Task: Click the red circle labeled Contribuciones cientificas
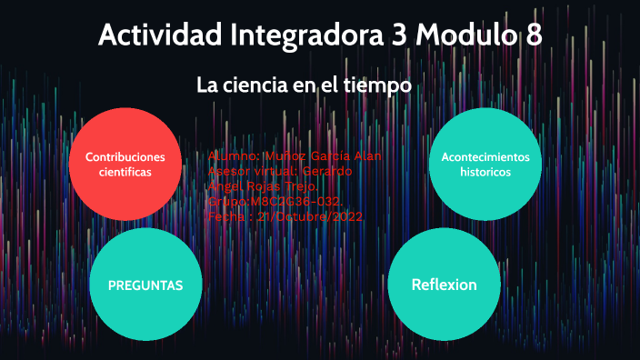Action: (x=125, y=164)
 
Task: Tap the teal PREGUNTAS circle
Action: (x=145, y=285)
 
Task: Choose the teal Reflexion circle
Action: (x=444, y=285)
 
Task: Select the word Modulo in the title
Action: (x=468, y=36)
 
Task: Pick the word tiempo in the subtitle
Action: (x=379, y=85)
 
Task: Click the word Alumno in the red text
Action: (x=233, y=156)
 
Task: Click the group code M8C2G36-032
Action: (x=291, y=202)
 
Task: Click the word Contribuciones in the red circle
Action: (x=125, y=156)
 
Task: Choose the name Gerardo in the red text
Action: (x=327, y=172)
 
